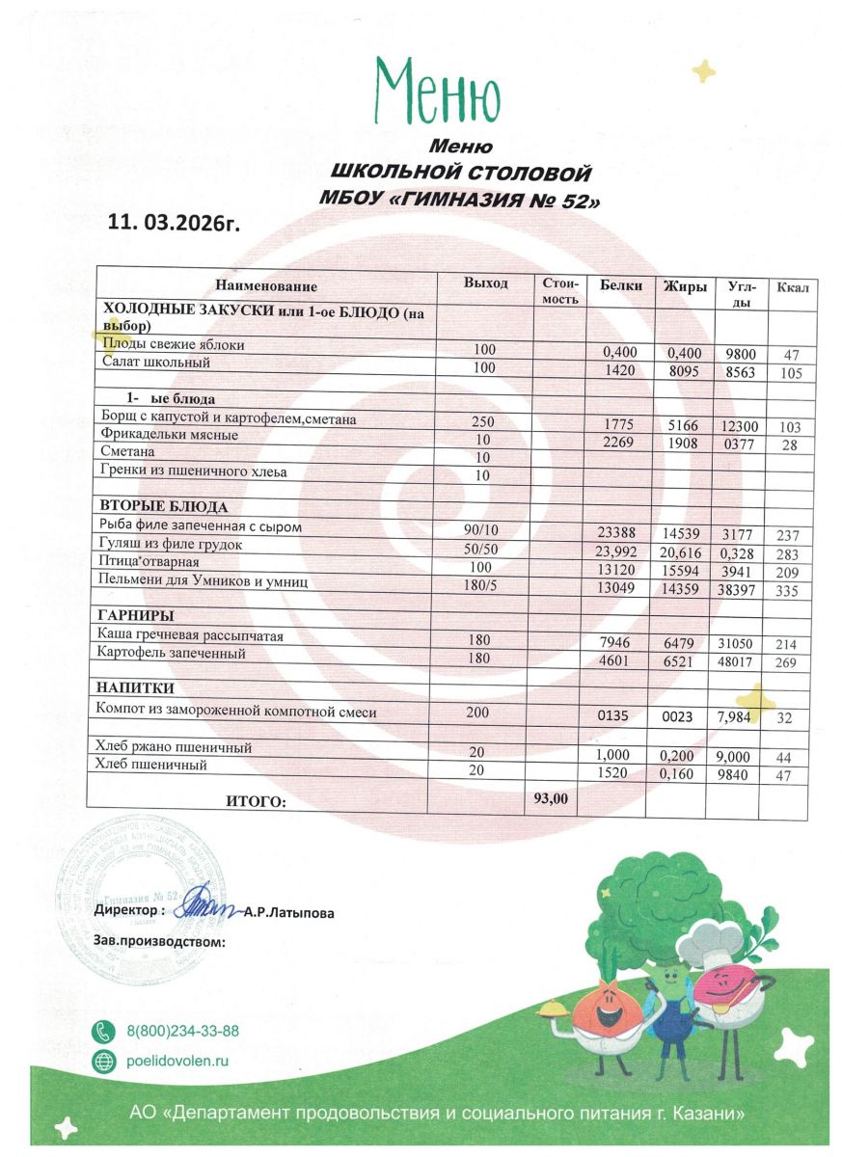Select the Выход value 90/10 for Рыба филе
pyautogui.click(x=479, y=529)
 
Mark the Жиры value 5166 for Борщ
pyautogui.click(x=687, y=424)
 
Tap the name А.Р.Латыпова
pyautogui.click(x=288, y=913)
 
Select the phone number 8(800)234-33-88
pyautogui.click(x=183, y=1031)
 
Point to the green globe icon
pyautogui.click(x=103, y=1062)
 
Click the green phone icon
pyautogui.click(x=103, y=1031)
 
